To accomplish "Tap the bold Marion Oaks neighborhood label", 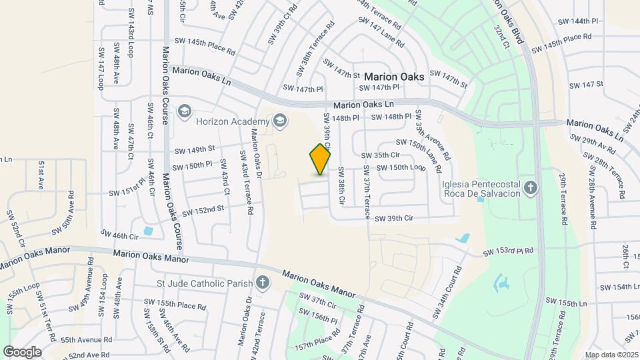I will coord(394,77).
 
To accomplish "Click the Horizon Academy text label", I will coord(232,121).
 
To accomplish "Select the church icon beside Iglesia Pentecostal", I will coord(531,188).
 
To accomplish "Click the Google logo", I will coord(22,351).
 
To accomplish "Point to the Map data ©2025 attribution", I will coord(611,355).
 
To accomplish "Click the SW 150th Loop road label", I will coord(401,167).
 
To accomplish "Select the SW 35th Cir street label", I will coord(380,155).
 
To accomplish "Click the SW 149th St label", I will coord(193,149).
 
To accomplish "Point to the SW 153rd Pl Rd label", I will coord(509,251).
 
